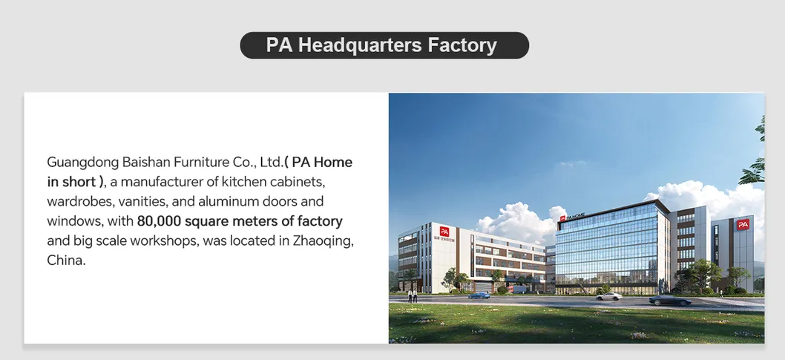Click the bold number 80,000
159,221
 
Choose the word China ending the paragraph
65,261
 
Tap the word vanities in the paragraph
139,201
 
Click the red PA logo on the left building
444,231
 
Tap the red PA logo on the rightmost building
742,223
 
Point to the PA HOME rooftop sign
574,217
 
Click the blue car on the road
479,295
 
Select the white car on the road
609,296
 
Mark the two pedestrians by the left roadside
412,297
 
